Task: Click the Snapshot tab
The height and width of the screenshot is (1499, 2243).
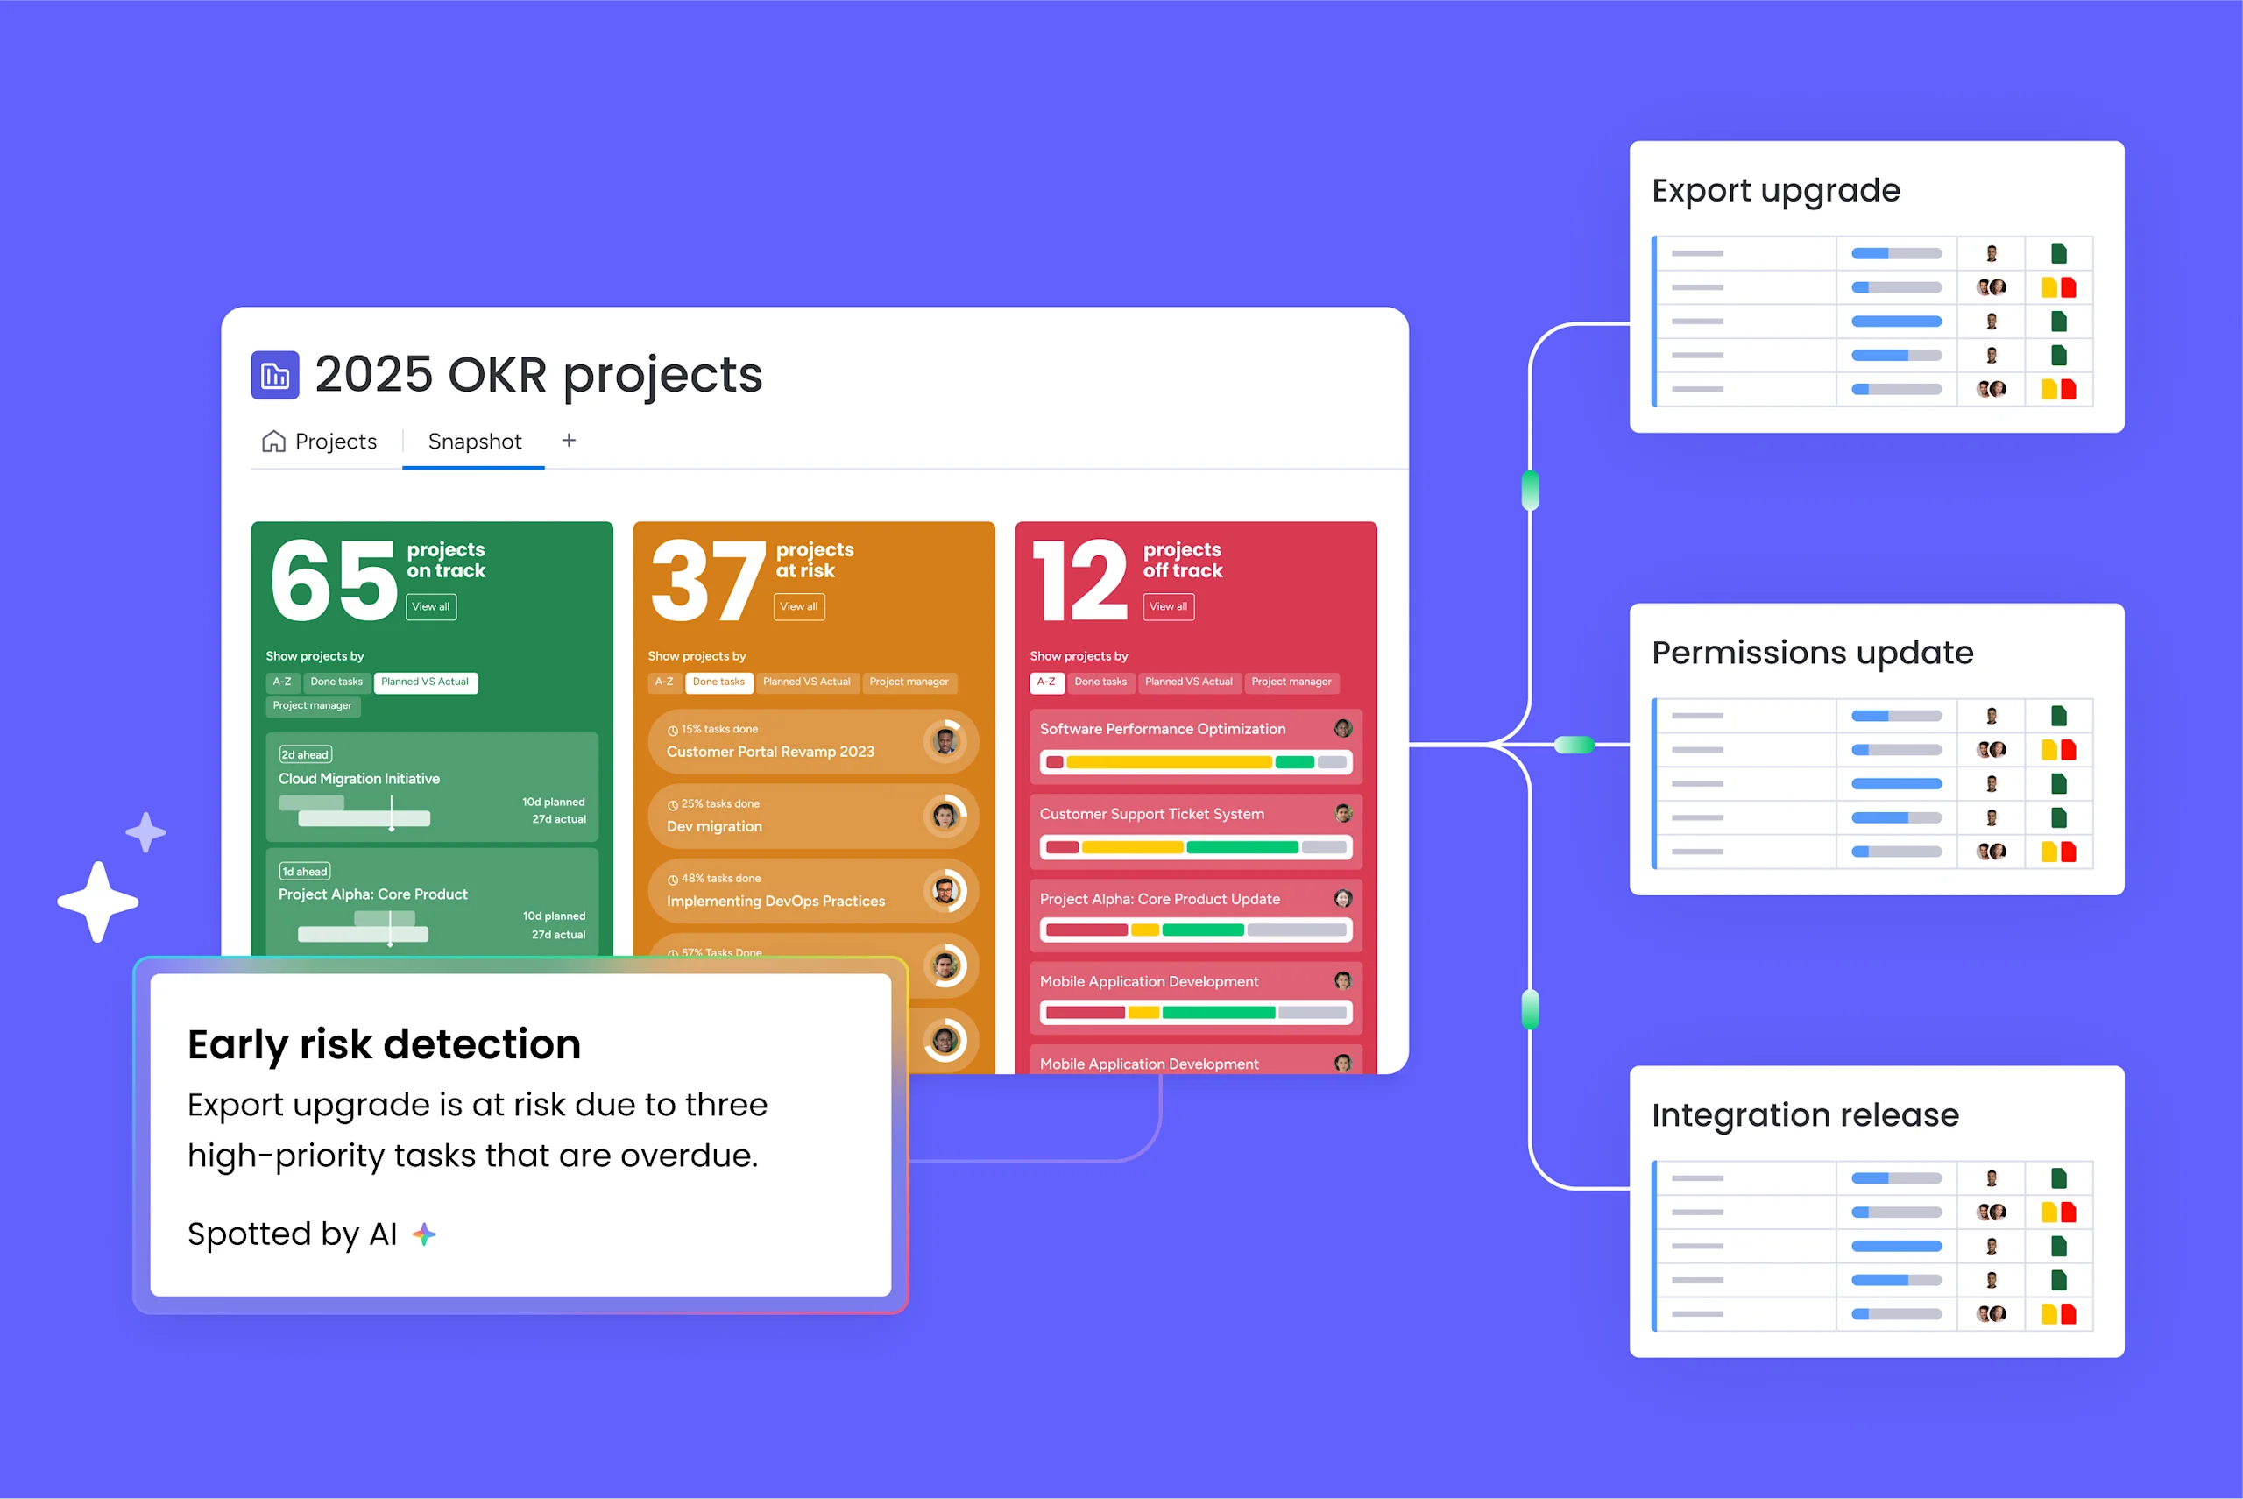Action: [x=474, y=442]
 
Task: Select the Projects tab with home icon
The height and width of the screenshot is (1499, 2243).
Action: [x=319, y=442]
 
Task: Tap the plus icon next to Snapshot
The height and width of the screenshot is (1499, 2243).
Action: [x=569, y=440]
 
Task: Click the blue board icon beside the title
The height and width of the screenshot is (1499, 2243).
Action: [x=275, y=375]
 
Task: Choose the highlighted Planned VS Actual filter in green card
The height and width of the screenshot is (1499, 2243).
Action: [x=426, y=682]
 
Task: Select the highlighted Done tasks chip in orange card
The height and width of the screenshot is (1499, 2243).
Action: [x=718, y=682]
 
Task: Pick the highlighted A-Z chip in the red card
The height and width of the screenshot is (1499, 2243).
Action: [x=1047, y=682]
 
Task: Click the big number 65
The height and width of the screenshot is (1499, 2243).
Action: [x=333, y=579]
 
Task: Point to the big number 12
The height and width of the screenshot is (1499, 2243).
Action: [x=1080, y=579]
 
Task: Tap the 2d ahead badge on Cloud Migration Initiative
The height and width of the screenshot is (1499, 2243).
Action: [x=305, y=754]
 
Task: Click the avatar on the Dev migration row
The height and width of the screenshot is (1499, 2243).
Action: [x=945, y=816]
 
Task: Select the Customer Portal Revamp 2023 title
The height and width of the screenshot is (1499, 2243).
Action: [x=769, y=752]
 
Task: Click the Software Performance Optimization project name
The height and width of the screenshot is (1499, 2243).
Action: [x=1163, y=728]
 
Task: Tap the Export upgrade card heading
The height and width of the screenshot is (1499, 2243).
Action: [x=1775, y=190]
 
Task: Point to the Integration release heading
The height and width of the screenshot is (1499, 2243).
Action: [x=1805, y=1114]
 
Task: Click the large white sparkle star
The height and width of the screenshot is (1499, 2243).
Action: [x=97, y=902]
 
